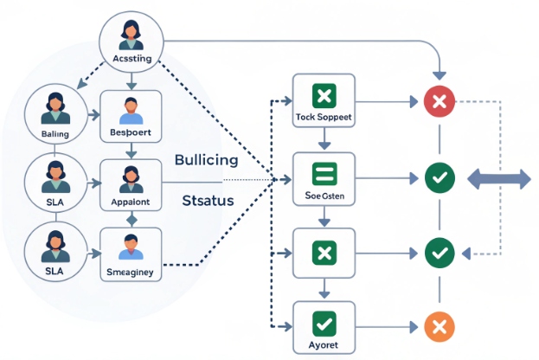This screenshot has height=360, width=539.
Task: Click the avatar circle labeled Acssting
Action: click(132, 40)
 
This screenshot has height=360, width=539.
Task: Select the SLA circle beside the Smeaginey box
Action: click(54, 250)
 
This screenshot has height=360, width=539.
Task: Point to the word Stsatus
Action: click(210, 201)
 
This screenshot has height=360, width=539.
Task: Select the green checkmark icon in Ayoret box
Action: click(324, 324)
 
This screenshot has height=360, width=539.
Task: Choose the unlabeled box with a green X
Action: click(324, 254)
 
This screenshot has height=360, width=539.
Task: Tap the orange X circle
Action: click(439, 326)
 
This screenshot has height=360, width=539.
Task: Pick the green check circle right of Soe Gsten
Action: click(439, 178)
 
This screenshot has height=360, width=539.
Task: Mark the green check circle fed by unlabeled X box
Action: click(439, 253)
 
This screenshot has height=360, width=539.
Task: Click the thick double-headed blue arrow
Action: click(499, 178)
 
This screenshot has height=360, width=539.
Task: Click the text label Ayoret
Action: click(324, 344)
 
